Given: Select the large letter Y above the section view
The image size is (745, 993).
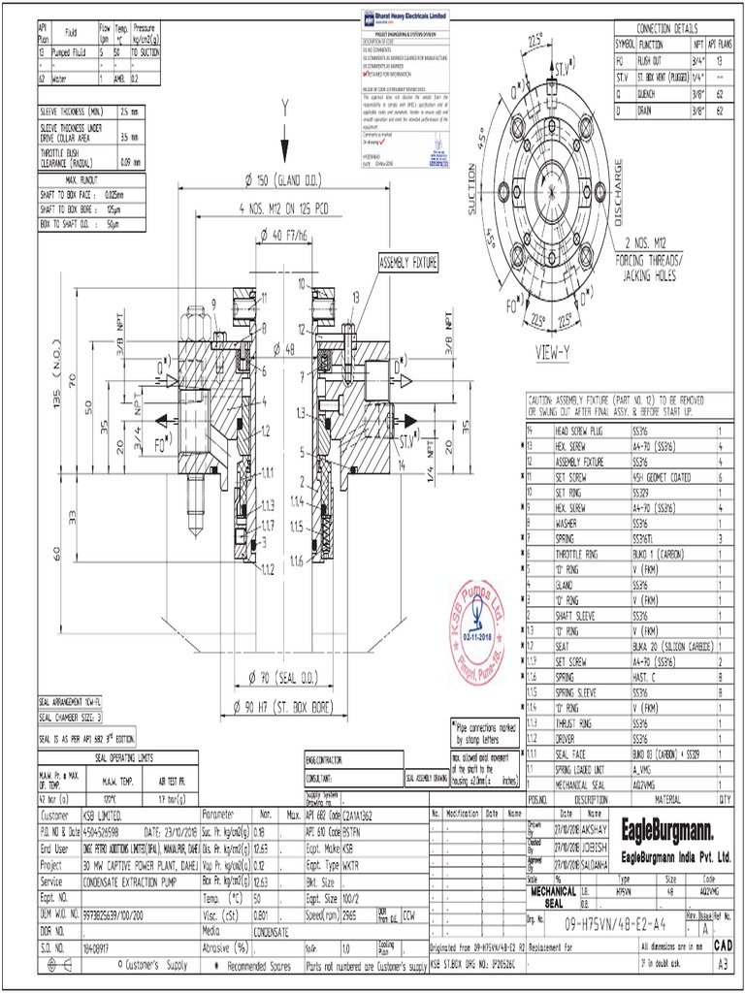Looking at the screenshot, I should point(284,106).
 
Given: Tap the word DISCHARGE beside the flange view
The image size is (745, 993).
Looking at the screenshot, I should point(618,189).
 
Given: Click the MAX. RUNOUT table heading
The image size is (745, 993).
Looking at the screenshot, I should point(90,180).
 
